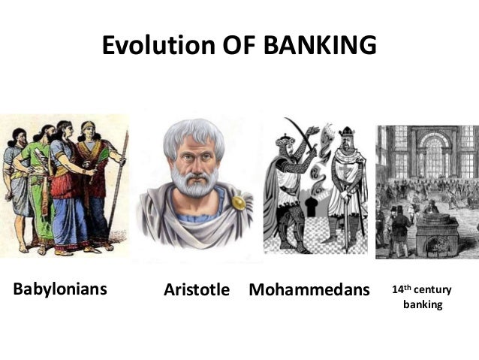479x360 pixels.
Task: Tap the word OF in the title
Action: pyautogui.click(x=239, y=47)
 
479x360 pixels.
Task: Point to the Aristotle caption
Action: pyautogui.click(x=196, y=289)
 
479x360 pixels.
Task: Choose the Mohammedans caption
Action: pyautogui.click(x=309, y=289)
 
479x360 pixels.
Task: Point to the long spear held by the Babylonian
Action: pyautogui.click(x=119, y=180)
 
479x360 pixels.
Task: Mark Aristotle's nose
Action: pyautogui.click(x=197, y=166)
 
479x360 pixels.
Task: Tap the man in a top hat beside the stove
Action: pyautogui.click(x=401, y=225)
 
